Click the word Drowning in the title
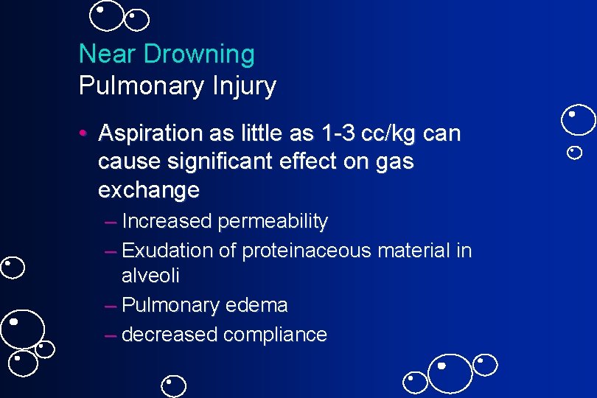coord(200,55)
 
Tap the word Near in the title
coord(108,54)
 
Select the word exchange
coord(148,189)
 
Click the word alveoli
coord(150,276)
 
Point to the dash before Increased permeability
coord(111,221)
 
